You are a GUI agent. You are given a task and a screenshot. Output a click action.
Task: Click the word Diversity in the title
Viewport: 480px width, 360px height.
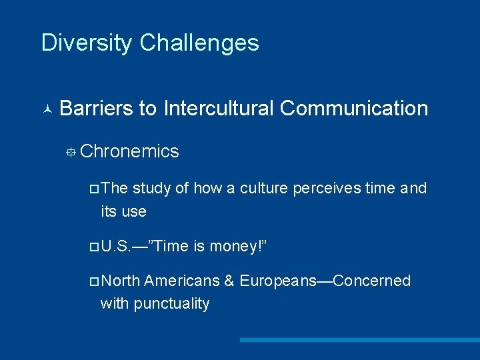pyautogui.click(x=87, y=43)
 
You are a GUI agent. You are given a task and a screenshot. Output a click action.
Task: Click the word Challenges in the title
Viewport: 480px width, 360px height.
pyautogui.click(x=199, y=43)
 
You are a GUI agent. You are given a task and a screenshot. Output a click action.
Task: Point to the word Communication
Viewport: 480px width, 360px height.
pyautogui.click(x=354, y=108)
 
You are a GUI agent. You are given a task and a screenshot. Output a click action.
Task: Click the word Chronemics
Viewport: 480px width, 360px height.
pyautogui.click(x=129, y=151)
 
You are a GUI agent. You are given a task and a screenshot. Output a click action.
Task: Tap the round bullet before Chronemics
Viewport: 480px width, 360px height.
pyautogui.click(x=70, y=153)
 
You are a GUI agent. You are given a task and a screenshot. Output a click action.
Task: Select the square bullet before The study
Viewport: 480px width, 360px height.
pyautogui.click(x=93, y=189)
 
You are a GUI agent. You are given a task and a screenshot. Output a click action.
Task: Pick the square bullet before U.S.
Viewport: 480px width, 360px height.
pyautogui.click(x=93, y=247)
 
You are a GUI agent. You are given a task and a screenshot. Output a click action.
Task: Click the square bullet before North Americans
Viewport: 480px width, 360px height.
pyautogui.click(x=93, y=281)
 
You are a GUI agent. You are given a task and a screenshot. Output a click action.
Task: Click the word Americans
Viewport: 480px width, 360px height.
pyautogui.click(x=181, y=281)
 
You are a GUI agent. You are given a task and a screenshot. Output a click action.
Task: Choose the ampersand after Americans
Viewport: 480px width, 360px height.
pyautogui.click(x=229, y=281)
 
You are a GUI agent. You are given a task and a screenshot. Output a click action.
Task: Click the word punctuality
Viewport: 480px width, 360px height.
pyautogui.click(x=171, y=303)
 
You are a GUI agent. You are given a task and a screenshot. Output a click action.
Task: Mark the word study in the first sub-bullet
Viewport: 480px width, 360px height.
pyautogui.click(x=151, y=189)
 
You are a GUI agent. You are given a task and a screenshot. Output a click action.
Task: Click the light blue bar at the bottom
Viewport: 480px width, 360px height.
pyautogui.click(x=359, y=340)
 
